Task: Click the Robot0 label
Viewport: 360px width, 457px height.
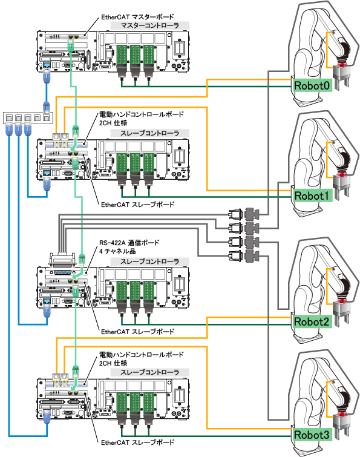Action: [312, 85]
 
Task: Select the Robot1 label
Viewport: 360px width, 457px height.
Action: [312, 196]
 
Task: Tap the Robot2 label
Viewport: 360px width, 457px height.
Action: [312, 321]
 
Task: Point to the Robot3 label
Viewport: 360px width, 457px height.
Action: [312, 435]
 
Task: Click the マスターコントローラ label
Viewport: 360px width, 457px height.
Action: [149, 25]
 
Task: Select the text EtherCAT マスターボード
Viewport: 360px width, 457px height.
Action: [137, 17]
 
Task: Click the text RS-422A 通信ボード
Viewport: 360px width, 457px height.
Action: [129, 243]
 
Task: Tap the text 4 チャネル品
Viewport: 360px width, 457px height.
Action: [117, 251]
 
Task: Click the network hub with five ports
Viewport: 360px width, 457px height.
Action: [28, 117]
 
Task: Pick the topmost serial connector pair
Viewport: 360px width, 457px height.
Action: [244, 214]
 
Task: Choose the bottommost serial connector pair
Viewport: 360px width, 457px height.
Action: [244, 255]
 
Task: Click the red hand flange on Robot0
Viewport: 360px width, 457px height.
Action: [342, 65]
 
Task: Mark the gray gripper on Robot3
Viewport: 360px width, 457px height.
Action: [341, 426]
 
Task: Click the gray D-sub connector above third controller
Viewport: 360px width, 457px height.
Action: [62, 260]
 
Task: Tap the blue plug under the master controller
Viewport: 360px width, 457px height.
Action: [47, 76]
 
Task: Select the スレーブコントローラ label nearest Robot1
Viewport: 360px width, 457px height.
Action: [149, 133]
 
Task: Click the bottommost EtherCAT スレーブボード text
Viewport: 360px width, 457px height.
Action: [137, 442]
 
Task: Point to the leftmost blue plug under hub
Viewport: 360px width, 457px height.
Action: [9, 129]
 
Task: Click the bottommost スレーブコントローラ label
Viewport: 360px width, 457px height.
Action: [149, 372]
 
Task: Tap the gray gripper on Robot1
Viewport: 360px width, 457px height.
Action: [341, 187]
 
